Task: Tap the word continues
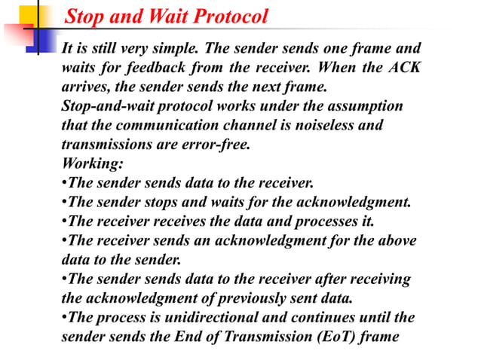319,316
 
